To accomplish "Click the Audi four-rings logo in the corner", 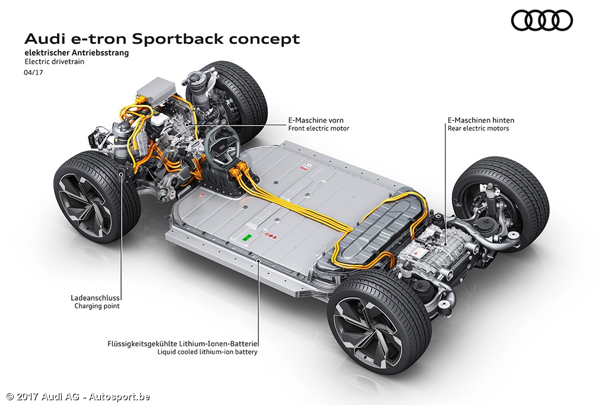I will coord(541,21).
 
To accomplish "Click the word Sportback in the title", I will coord(173,39).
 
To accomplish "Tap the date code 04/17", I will coord(34,72).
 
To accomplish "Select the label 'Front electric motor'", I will coord(318,129).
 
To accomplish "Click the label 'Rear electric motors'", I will coord(478,129).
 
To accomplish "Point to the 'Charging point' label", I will coord(97,306).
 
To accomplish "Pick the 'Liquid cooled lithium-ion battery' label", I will coord(207,352).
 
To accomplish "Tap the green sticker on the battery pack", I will coord(248,236).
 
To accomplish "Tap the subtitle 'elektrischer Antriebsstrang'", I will coord(77,53).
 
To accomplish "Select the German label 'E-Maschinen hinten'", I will coord(480,120).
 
